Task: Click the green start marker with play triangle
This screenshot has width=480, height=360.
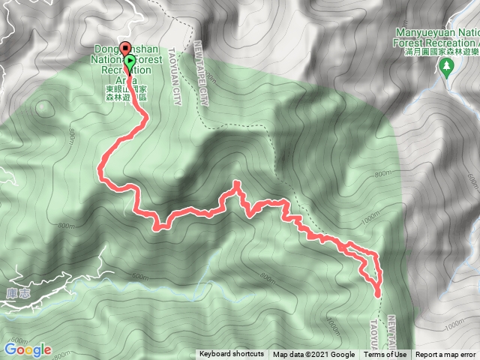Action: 130,61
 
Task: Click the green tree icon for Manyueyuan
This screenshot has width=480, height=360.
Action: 448,66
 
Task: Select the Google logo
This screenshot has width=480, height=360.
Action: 27,349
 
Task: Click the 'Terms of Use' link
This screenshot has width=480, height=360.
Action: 389,355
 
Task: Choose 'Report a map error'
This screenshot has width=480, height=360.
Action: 445,355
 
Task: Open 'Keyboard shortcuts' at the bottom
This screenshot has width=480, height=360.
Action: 232,355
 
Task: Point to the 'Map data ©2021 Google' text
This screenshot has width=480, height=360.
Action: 313,355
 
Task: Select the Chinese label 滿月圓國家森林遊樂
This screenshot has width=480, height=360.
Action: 442,52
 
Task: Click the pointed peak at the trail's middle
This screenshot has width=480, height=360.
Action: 237,182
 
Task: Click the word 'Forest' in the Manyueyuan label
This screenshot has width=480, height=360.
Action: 412,43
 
